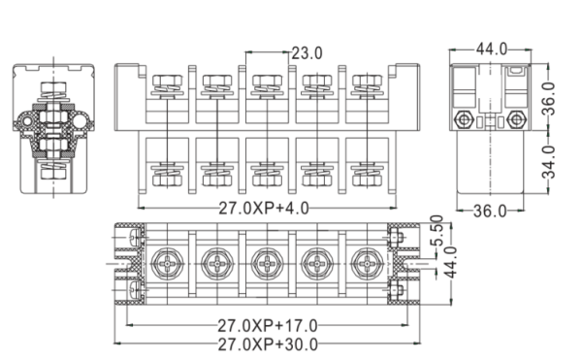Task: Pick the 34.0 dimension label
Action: point(548,163)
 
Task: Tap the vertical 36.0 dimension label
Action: point(548,98)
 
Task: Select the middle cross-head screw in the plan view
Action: point(265,262)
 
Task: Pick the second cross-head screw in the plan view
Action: point(213,262)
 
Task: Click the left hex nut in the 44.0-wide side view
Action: point(466,121)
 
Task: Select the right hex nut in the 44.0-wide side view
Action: point(515,121)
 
